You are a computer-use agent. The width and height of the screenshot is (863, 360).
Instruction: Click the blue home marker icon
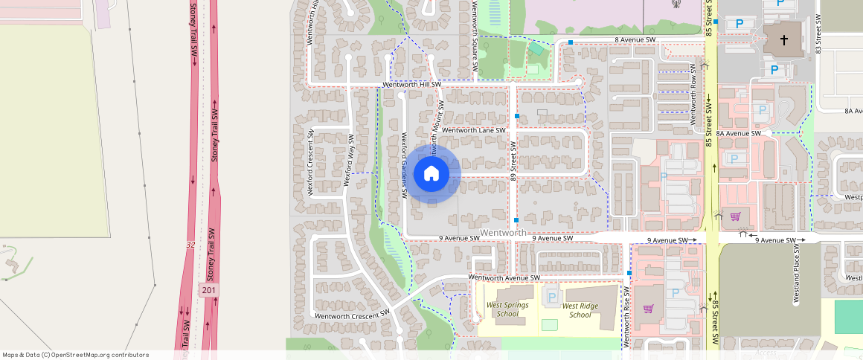(x=431, y=174)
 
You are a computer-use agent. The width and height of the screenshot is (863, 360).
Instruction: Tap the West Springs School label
(x=503, y=309)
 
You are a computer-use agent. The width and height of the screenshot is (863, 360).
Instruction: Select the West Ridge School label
(x=580, y=309)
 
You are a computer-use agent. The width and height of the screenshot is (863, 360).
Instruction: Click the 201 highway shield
(x=208, y=290)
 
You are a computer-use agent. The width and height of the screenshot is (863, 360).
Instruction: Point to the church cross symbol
(x=785, y=39)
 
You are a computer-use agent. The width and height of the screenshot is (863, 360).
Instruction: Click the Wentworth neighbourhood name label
(x=503, y=233)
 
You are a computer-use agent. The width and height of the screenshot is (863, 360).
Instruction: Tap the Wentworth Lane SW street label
(x=473, y=130)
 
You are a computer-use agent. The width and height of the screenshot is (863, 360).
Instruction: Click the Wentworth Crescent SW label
(x=352, y=315)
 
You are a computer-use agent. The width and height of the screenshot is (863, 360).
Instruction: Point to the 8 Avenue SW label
(x=635, y=39)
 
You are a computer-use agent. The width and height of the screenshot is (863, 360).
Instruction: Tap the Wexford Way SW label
(x=348, y=160)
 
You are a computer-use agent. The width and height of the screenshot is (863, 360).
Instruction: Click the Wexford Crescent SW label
(x=312, y=162)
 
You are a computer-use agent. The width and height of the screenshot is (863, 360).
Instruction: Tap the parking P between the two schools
(x=551, y=297)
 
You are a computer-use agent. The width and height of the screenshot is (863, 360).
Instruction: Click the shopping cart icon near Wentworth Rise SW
(x=649, y=308)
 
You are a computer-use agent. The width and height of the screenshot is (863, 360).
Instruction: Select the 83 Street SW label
(x=818, y=33)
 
